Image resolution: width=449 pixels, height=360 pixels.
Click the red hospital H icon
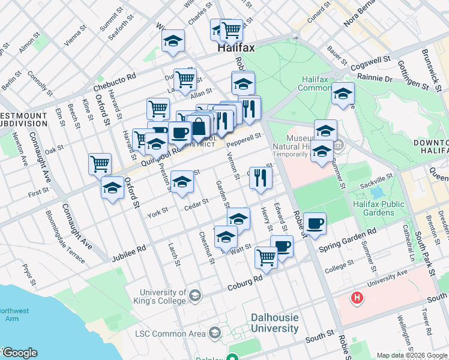357,298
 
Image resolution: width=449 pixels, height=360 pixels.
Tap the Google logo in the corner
19,353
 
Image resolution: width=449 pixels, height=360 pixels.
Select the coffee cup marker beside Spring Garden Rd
315,224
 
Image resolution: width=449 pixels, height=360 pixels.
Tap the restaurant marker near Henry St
261,177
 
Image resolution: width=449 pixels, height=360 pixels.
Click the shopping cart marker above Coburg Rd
266,257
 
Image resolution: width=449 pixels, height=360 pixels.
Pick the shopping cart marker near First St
100,164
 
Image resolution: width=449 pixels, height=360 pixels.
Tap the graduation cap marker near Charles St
173,41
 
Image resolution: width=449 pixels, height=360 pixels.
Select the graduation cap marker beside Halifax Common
343,94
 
